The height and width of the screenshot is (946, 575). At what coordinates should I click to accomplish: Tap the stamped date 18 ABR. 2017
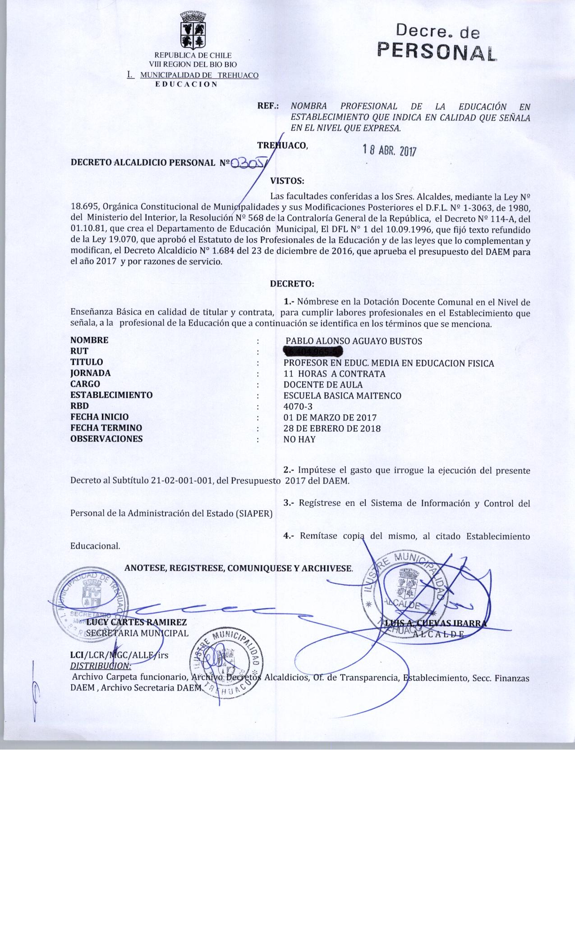pos(389,150)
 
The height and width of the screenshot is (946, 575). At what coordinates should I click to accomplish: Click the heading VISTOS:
pos(287,182)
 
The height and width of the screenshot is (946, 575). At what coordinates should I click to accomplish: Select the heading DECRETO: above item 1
pos(291,284)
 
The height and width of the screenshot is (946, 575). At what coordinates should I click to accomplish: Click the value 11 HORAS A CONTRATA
pos(334,373)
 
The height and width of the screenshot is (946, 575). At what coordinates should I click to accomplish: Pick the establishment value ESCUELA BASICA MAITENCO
pos(342,396)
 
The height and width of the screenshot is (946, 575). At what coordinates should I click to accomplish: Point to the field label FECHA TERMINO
pos(106,428)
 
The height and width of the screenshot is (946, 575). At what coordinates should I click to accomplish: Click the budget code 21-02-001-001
pos(180,481)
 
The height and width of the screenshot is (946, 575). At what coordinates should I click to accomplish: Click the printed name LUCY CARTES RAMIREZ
pos(136,623)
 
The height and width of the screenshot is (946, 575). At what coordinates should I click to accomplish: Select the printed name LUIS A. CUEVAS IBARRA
pos(436,623)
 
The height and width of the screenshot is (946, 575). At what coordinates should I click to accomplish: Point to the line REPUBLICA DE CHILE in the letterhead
pos(193,55)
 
